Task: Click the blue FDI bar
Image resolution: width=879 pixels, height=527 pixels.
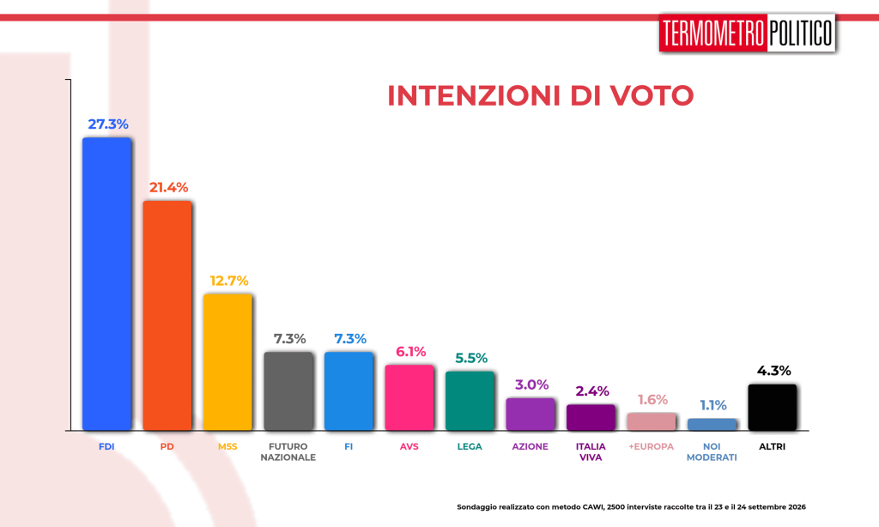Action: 106,284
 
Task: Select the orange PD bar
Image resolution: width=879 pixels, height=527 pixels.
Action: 167,316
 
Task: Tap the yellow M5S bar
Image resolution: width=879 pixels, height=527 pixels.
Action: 227,362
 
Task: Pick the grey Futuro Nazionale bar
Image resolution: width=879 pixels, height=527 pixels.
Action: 288,391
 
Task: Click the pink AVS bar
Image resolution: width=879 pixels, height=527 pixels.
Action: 409,397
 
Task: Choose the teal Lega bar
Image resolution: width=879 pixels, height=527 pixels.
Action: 470,401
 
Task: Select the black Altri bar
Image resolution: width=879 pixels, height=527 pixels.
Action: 773,408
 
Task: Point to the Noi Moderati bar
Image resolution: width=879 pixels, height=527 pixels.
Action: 712,424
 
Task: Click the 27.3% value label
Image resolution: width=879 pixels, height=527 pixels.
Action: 108,124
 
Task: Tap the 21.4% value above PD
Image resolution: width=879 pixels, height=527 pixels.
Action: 169,187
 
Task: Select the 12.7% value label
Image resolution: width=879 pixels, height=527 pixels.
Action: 229,281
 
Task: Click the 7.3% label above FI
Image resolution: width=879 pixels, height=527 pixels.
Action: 350,339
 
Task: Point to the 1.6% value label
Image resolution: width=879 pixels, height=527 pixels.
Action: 652,400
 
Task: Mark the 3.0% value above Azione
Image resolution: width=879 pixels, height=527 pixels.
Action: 532,385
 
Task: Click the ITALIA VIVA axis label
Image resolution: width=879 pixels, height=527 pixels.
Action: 591,451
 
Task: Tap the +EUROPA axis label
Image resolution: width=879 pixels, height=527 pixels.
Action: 652,447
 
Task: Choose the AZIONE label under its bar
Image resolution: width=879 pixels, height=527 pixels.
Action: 530,447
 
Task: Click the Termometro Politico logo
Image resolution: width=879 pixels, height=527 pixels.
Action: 748,33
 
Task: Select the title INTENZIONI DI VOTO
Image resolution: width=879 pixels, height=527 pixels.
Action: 541,95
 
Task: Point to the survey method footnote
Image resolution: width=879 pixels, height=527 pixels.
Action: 631,506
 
